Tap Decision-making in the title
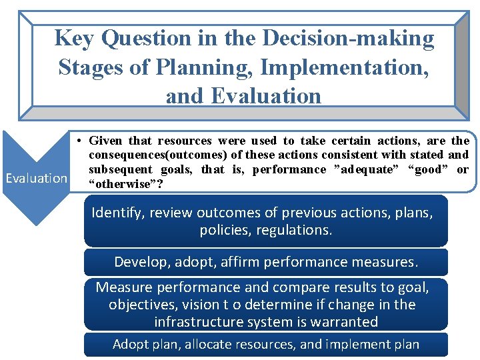[x=349, y=39]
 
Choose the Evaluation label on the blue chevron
[x=36, y=178]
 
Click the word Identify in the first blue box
[x=116, y=213]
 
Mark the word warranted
[x=343, y=322]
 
